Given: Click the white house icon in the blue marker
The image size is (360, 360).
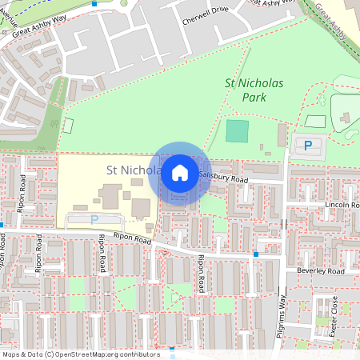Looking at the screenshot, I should click(x=180, y=172).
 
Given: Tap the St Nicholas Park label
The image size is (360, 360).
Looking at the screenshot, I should click(x=254, y=90).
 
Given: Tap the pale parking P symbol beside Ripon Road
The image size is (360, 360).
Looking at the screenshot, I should click(x=94, y=219).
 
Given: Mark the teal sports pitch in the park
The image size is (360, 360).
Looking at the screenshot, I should click(x=237, y=131).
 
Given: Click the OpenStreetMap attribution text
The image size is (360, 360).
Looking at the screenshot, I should click(x=80, y=354).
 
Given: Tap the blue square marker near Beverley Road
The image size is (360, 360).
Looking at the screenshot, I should click(x=255, y=254).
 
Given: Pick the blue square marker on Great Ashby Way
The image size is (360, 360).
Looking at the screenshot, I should click(x=94, y=3).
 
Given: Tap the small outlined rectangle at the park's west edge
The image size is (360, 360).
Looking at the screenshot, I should click(x=68, y=126).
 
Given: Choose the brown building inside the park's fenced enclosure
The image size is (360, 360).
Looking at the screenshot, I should click(x=345, y=119).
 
